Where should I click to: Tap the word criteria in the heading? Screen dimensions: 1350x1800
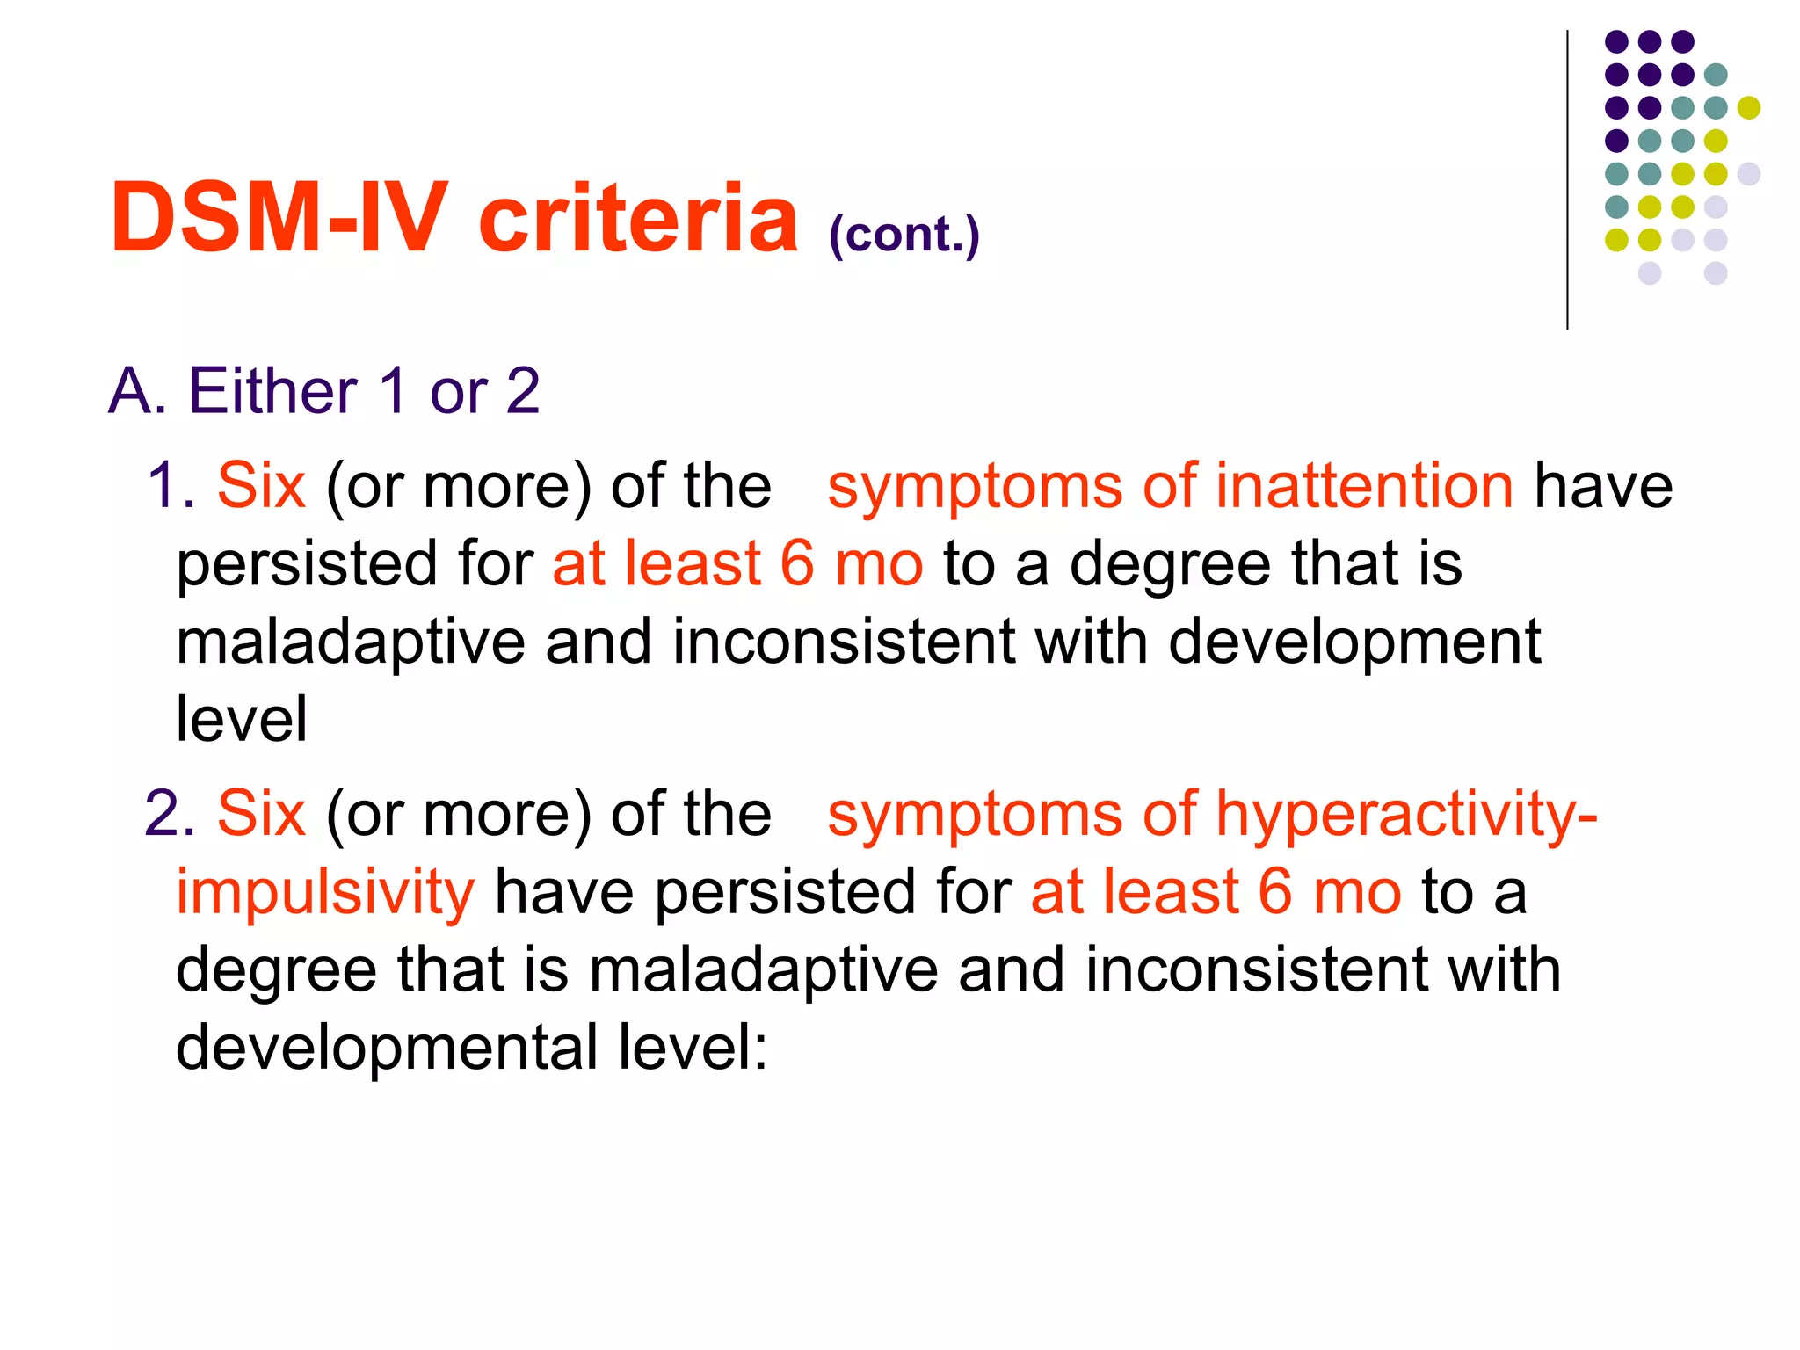[x=638, y=217]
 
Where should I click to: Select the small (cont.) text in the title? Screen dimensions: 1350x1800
[x=904, y=235]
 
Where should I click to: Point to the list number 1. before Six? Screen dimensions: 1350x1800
[x=171, y=485]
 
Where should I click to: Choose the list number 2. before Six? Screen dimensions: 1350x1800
[x=170, y=813]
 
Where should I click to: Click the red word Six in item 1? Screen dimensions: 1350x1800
[x=261, y=485]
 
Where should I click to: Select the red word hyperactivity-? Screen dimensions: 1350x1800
[x=1406, y=815]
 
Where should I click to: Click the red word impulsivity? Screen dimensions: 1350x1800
[x=325, y=892]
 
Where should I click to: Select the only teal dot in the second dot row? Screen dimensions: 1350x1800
[x=1715, y=75]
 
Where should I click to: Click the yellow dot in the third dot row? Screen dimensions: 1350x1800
[x=1748, y=107]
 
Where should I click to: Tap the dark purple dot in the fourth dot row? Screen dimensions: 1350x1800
[x=1616, y=141]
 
